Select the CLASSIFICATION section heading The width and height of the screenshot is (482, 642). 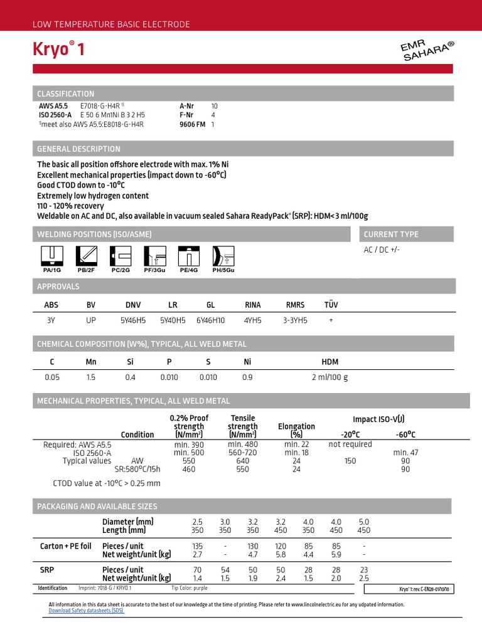point(66,94)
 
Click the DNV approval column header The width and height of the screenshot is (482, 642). point(133,305)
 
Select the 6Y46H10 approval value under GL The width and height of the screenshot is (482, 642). point(211,320)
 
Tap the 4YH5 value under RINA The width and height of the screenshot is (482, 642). point(251,320)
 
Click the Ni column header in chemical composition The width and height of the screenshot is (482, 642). point(248,362)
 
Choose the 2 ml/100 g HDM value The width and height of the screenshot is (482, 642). point(329,377)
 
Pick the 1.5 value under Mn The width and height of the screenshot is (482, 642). point(91,377)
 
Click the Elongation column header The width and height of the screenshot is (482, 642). point(296,430)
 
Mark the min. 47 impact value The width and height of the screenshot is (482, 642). point(405,453)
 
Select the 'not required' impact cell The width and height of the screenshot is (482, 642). point(350,444)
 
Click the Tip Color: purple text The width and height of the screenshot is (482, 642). point(189,589)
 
